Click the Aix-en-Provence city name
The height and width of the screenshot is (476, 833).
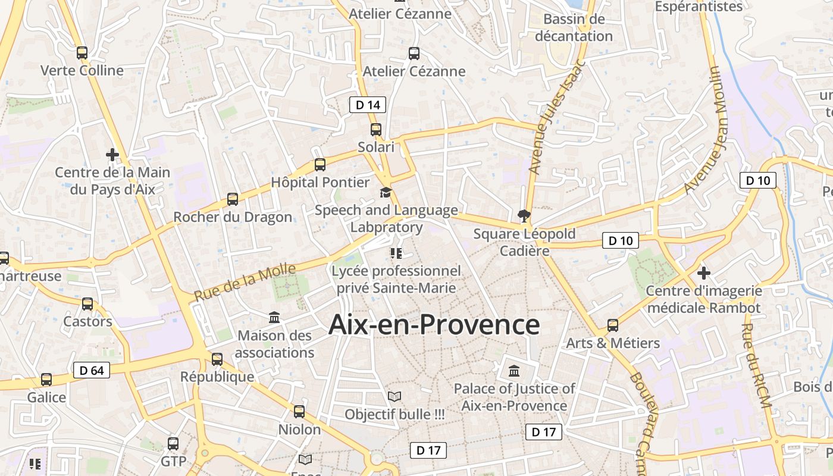434,325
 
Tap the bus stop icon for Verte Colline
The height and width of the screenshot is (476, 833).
82,53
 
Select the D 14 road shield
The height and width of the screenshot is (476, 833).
367,105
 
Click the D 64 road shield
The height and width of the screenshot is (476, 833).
92,370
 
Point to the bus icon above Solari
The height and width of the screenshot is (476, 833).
376,129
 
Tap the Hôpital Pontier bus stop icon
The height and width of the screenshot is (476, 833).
320,165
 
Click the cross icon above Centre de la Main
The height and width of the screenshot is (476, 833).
112,155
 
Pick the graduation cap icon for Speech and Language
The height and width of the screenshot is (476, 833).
386,193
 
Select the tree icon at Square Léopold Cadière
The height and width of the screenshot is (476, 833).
524,215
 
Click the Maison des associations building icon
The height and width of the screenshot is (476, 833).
274,317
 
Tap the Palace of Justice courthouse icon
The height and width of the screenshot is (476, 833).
514,371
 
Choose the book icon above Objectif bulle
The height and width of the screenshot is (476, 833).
394,396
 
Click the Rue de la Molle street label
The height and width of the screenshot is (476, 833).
245,283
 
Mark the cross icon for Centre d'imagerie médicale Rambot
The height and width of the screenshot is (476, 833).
704,273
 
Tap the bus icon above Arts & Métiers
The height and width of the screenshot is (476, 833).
613,325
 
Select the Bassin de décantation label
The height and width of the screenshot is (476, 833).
574,27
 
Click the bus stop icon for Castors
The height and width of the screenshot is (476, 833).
87,304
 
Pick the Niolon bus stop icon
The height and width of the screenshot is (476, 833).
299,412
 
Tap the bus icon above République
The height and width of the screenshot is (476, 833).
217,359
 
